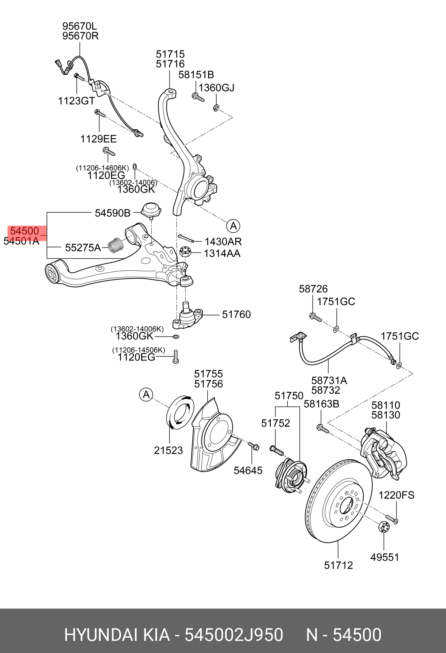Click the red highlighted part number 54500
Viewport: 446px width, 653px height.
point(25,231)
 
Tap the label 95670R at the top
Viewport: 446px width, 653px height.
point(80,36)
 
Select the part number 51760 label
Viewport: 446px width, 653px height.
point(236,315)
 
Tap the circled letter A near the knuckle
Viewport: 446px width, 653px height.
point(233,226)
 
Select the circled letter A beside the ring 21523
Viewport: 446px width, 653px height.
point(146,394)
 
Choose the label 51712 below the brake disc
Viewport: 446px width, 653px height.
point(338,565)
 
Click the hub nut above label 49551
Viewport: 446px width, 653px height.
point(384,527)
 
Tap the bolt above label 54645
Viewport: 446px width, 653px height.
point(253,446)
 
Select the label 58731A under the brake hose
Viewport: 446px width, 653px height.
point(329,380)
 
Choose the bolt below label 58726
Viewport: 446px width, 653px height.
point(315,317)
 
